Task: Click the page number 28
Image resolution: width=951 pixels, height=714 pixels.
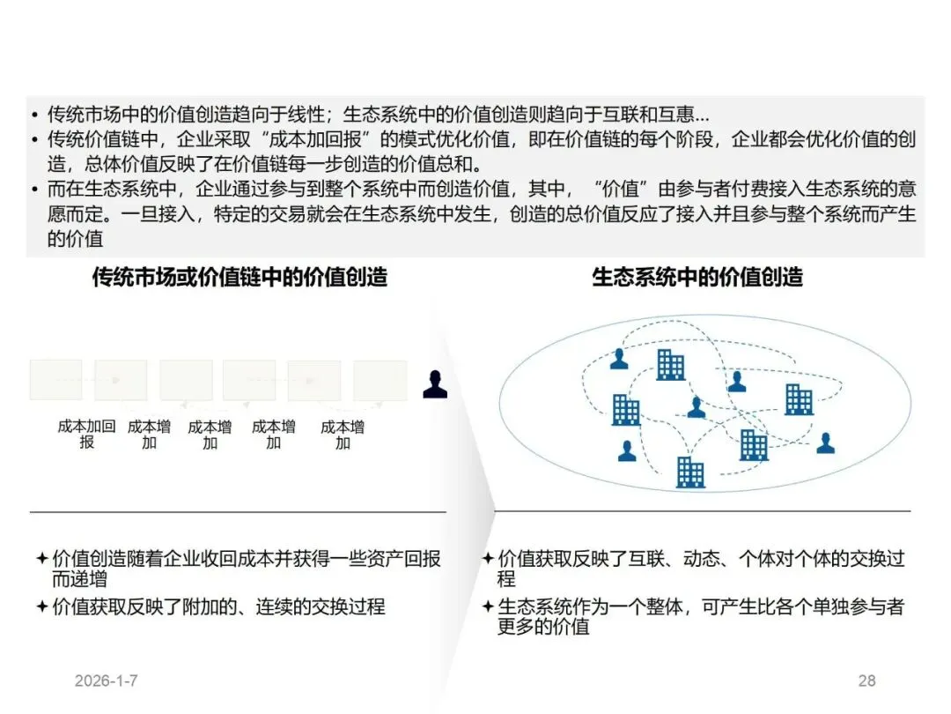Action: point(866,681)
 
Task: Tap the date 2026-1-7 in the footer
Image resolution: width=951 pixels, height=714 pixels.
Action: point(107,681)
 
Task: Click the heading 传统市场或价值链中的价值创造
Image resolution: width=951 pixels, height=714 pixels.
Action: point(240,277)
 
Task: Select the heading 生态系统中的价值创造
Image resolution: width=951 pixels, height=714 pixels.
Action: point(697,277)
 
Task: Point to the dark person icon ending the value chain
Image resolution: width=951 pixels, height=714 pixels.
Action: point(434,384)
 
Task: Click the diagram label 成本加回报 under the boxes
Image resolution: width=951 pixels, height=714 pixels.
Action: point(86,434)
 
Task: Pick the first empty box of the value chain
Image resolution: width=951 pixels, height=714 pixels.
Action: point(55,380)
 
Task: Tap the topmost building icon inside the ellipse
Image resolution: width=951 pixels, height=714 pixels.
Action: point(670,364)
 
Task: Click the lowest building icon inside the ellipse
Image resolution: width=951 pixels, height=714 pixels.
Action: point(689,472)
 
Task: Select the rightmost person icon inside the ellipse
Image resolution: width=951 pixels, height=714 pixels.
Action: point(825,443)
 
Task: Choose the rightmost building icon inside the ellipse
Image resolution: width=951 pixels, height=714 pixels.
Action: point(799,399)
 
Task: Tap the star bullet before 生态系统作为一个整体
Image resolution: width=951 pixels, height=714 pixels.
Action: point(487,606)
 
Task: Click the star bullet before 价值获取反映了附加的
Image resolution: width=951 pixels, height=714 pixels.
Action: point(41,606)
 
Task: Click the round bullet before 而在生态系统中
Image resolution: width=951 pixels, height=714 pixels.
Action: point(33,190)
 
